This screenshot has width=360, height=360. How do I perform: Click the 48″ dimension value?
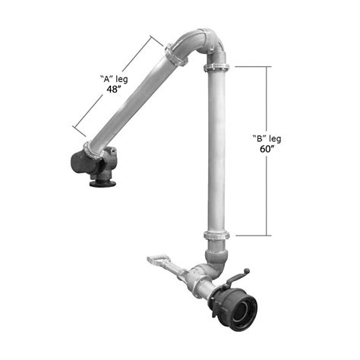click(x=113, y=89)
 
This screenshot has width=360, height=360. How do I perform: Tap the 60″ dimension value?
click(x=267, y=149)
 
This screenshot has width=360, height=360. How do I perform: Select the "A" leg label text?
click(x=114, y=79)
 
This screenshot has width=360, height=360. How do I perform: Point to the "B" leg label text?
click(x=267, y=138)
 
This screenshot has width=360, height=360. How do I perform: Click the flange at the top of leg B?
click(x=216, y=68)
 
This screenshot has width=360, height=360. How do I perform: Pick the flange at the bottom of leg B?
click(x=216, y=235)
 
